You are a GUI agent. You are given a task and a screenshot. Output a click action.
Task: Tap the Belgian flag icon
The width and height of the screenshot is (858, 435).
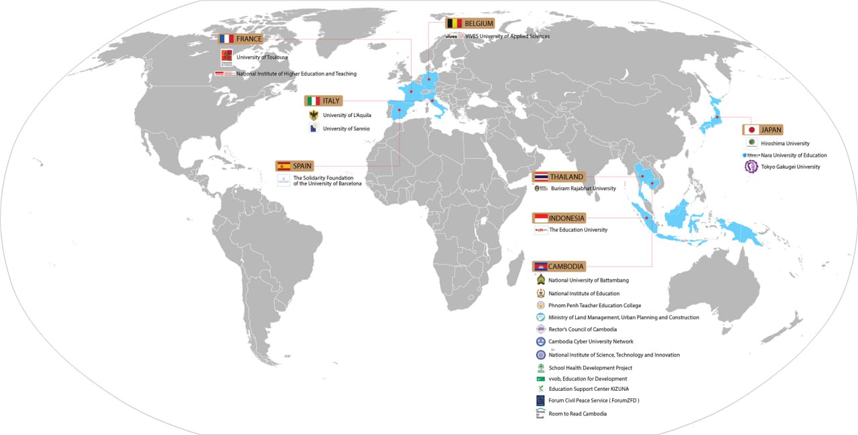tap(454, 23)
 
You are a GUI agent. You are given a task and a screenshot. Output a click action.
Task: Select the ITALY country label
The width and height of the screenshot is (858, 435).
tap(331, 101)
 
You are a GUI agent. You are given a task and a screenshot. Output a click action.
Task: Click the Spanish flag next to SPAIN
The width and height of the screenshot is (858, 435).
tap(284, 165)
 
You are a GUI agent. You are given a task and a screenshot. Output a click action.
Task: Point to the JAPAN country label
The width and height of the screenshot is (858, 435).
tap(771, 130)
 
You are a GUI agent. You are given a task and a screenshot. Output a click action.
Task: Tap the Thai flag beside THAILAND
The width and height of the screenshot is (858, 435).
tap(541, 177)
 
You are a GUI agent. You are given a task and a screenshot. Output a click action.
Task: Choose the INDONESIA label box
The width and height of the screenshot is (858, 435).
tap(566, 218)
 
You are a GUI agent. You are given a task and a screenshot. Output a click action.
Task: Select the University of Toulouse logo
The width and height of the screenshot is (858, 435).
tap(227, 56)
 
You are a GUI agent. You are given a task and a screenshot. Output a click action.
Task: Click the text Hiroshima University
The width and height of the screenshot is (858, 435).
tap(785, 143)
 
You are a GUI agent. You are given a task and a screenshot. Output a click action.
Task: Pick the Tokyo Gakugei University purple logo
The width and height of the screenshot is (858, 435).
tap(751, 167)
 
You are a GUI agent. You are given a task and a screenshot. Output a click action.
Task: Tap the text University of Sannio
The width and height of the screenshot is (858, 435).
tap(346, 128)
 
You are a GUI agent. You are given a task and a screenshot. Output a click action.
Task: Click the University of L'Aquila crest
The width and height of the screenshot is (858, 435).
tap(313, 115)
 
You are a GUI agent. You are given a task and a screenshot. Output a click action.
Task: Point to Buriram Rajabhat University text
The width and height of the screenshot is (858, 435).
tap(583, 189)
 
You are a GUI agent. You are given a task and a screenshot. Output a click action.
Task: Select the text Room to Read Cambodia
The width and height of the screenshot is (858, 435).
tap(577, 414)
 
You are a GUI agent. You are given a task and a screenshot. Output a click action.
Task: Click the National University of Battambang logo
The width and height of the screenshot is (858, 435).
tap(540, 280)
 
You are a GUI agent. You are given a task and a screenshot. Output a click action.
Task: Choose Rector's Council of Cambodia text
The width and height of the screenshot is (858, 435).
tap(583, 329)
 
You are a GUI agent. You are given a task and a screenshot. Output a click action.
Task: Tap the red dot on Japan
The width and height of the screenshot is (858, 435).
tap(717, 117)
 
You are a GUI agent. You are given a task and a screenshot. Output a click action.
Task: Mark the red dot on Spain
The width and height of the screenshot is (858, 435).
tap(400, 110)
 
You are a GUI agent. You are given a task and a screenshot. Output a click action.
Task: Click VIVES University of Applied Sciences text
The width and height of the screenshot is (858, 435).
tap(507, 36)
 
